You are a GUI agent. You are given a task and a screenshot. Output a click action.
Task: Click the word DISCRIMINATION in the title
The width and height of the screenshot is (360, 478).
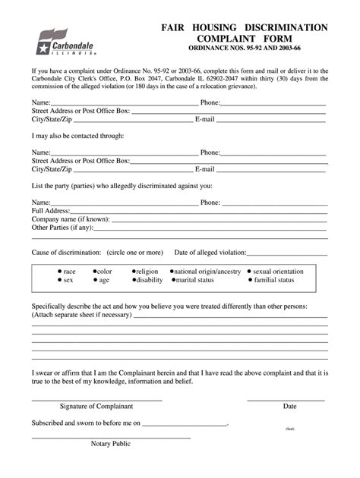285,27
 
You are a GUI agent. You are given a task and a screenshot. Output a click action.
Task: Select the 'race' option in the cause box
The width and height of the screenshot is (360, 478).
69,271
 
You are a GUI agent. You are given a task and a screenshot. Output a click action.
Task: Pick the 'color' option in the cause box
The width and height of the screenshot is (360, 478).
104,271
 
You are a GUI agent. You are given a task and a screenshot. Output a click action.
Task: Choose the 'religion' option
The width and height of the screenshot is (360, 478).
147,271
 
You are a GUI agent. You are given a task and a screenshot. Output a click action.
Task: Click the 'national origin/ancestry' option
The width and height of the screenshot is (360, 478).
207,271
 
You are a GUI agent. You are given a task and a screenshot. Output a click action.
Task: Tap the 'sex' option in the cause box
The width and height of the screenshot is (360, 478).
68,280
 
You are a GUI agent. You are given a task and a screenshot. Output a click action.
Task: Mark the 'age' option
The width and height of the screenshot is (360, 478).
103,280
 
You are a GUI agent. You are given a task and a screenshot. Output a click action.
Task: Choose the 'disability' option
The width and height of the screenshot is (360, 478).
149,280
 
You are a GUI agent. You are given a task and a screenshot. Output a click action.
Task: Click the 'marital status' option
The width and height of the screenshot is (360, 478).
196,280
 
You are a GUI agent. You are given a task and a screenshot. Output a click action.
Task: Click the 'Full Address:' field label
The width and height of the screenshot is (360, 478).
51,211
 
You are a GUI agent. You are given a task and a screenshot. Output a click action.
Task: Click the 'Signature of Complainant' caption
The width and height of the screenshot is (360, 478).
96,406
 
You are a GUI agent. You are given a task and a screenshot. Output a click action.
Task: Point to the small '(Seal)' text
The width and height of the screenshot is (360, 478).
290,429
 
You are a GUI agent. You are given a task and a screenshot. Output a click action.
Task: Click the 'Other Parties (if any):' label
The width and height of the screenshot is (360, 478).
62,228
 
